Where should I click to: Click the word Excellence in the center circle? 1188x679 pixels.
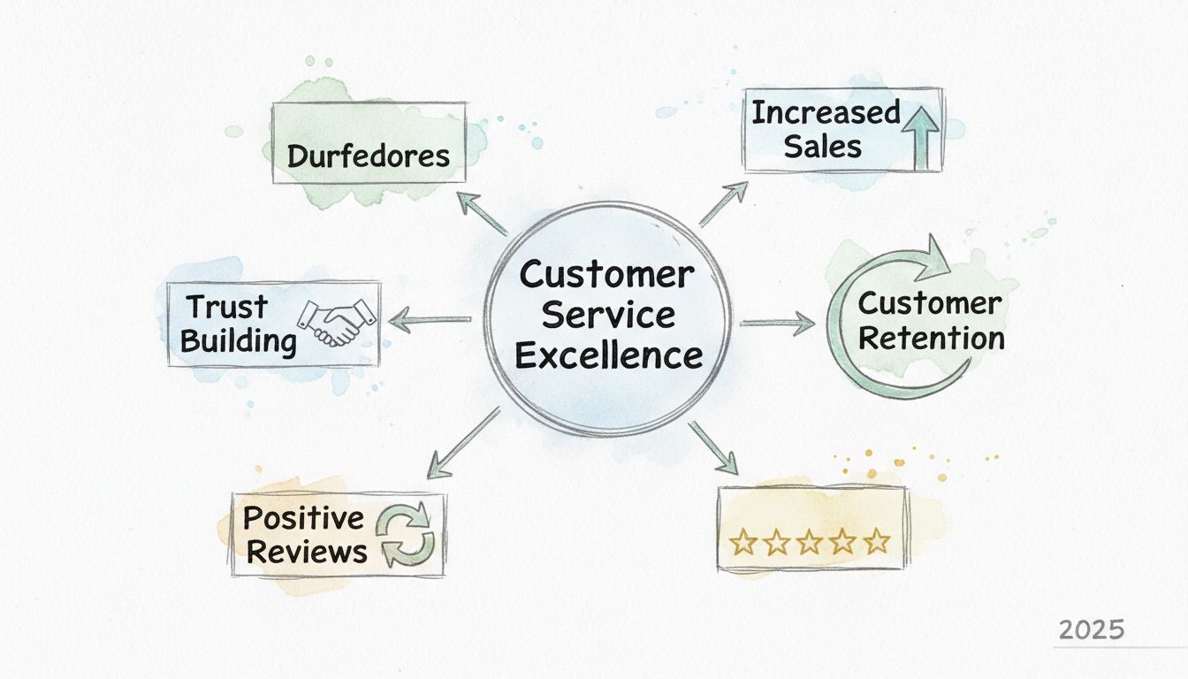tap(609, 355)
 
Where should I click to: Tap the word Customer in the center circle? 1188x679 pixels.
tap(606, 275)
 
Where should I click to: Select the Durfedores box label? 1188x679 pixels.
tap(369, 156)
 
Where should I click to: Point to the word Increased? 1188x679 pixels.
tap(826, 113)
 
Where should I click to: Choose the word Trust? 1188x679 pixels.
tap(227, 307)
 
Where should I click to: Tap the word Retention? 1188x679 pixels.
tap(931, 338)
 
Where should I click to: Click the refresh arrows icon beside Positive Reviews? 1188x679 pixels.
tap(404, 534)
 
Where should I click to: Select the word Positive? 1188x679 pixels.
tap(291, 517)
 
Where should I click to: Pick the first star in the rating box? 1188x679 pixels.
tap(743, 542)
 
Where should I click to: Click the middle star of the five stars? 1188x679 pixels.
tap(810, 542)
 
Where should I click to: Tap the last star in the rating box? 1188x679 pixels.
tap(875, 542)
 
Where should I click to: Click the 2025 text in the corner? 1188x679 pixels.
tap(1091, 629)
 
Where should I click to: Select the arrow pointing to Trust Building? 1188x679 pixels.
tap(430, 320)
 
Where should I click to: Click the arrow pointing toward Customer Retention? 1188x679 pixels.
tap(776, 324)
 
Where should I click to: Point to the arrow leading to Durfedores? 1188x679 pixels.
tap(482, 213)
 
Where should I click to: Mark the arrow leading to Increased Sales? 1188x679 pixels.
tap(723, 203)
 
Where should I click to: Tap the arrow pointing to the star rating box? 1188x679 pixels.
tap(713, 447)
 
